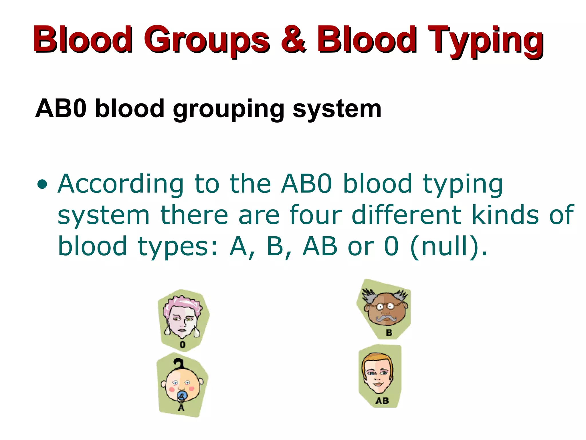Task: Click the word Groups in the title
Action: click(207, 40)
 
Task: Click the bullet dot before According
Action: click(42, 184)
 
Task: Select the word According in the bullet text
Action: click(120, 184)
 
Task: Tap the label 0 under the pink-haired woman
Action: click(183, 345)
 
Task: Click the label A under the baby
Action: click(181, 408)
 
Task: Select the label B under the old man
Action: click(389, 333)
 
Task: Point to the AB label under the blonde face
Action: click(382, 401)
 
